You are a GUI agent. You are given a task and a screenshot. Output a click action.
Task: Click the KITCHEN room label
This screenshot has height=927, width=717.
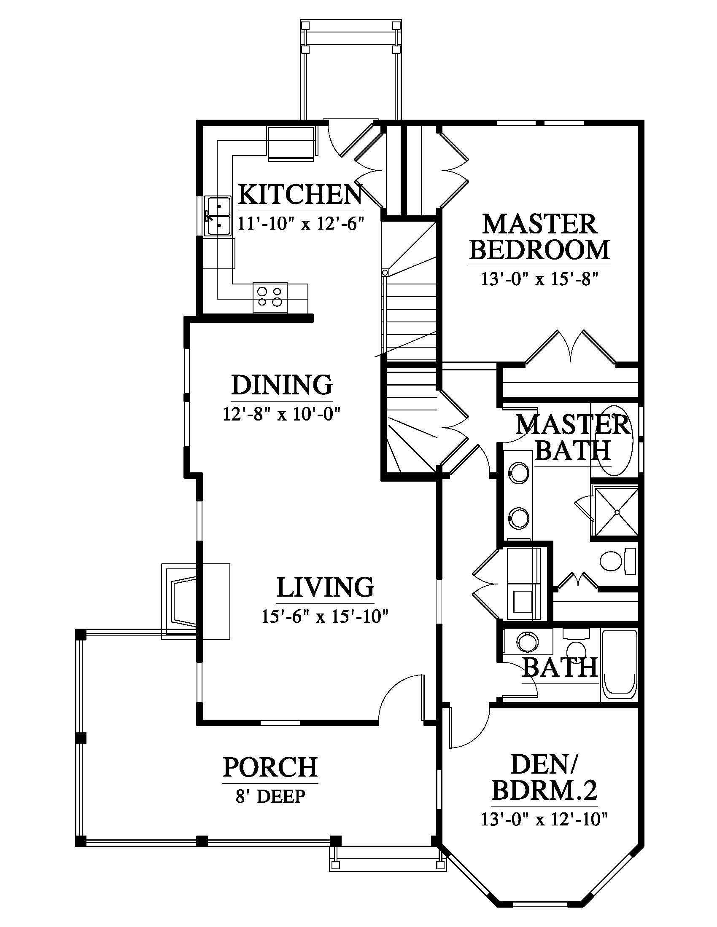tap(300, 194)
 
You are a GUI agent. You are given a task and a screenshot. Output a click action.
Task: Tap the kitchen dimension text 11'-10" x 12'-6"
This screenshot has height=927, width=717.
tap(301, 223)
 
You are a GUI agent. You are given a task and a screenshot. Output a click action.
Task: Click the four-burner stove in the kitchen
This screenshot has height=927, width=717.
tap(270, 297)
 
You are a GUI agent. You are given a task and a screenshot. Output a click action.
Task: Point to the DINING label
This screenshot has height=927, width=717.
tap(282, 385)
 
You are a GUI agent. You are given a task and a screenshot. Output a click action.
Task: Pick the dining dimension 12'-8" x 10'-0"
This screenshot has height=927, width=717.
tap(283, 413)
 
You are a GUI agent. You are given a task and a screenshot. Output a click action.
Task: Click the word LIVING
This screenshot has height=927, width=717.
tap(325, 587)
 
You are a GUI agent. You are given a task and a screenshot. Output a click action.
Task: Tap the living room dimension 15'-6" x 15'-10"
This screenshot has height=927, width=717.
tap(325, 616)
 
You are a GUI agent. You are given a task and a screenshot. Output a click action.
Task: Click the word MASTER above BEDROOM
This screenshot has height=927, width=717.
tap(540, 224)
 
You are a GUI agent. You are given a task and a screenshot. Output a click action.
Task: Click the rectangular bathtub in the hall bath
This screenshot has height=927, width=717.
tap(619, 665)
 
